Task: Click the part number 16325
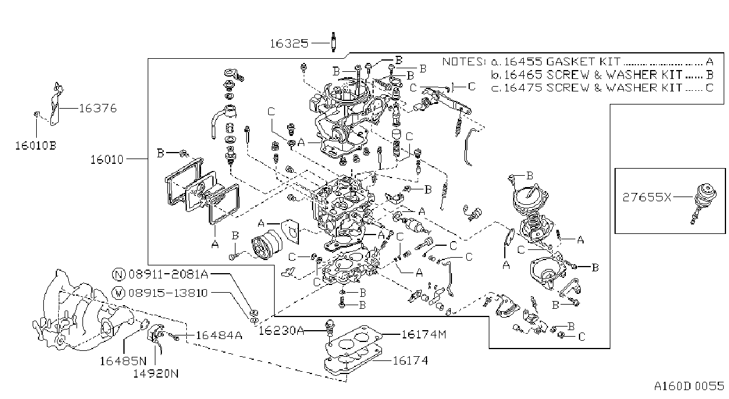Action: pos(289,43)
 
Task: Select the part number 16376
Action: pos(98,108)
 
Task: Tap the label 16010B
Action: pos(36,145)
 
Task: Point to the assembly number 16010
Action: pos(107,160)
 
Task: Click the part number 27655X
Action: pos(647,197)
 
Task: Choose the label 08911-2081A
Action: pos(168,274)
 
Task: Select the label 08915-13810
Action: pos(168,293)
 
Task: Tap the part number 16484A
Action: pos(219,335)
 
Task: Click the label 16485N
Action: pos(123,361)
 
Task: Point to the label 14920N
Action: pos(156,373)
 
